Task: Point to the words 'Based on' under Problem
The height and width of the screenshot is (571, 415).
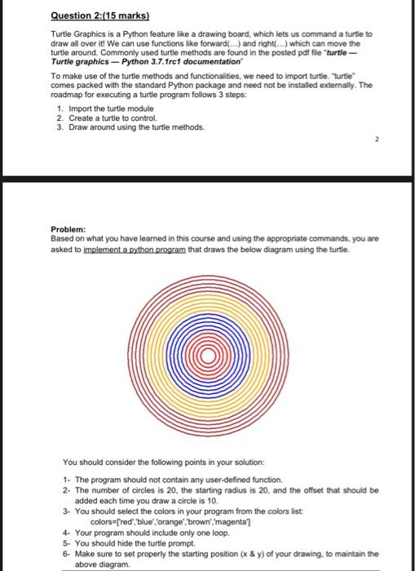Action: pos(64,240)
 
